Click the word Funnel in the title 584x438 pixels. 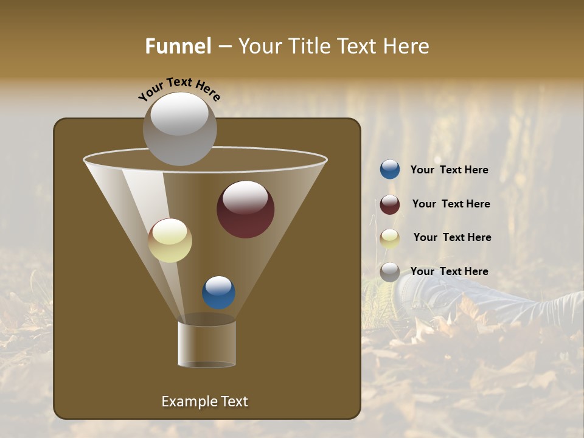pos(178,46)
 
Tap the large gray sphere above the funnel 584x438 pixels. pos(179,129)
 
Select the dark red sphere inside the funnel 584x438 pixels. pos(245,209)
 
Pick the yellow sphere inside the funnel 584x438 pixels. pos(170,240)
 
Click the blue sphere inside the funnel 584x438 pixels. pos(218,292)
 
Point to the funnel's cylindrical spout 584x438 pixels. pos(207,344)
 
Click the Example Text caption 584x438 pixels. pos(204,401)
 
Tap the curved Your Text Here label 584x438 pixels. pos(179,88)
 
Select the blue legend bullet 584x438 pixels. pos(390,170)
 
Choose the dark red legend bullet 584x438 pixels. pos(390,204)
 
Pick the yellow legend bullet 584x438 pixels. pos(390,238)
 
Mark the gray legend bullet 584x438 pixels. pos(390,272)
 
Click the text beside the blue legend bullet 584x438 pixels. pos(449,170)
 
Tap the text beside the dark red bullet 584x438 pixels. pos(451,204)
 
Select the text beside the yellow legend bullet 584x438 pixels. pos(452,238)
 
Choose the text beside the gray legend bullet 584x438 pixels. pos(449,272)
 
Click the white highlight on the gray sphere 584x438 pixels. pos(179,114)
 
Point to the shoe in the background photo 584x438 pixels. pos(426,295)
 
